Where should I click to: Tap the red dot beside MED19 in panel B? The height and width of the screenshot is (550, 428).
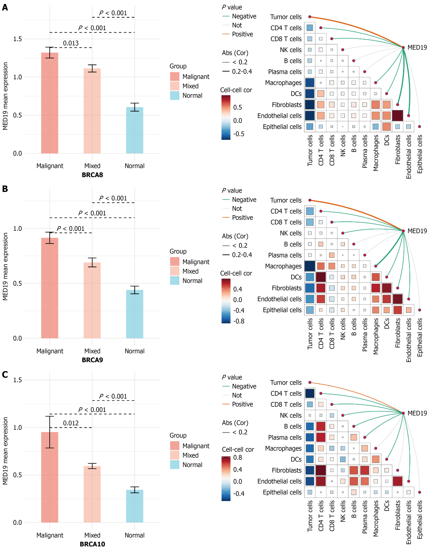coord(403,231)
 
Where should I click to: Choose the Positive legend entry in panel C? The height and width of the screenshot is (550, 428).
coord(242,404)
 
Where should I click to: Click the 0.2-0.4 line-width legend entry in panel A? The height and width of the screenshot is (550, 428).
coord(242,72)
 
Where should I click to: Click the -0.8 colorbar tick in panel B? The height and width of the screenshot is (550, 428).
coord(239,321)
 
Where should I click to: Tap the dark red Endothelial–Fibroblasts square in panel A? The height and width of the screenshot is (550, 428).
coord(398,116)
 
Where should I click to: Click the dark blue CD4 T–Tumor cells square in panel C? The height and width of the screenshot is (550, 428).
coord(310,393)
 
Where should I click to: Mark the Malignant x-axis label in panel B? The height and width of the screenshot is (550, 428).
coord(50,351)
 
